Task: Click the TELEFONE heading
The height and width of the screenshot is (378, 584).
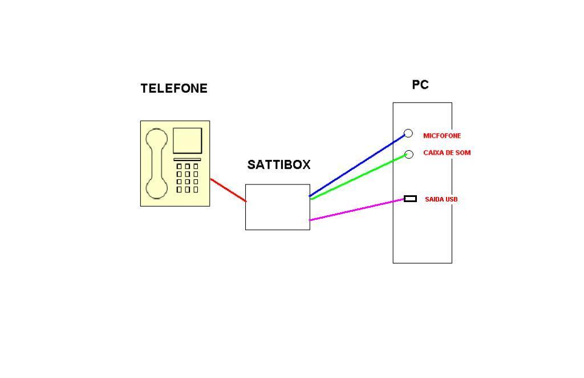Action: tap(174, 88)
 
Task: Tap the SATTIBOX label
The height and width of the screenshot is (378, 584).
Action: tap(278, 165)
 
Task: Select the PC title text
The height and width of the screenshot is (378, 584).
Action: tap(420, 85)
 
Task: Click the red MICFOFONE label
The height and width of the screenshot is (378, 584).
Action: tap(442, 135)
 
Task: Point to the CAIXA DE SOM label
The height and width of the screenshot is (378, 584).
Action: tap(447, 153)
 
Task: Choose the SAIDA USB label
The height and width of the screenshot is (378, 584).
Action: tap(441, 199)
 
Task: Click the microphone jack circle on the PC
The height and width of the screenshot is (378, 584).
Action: tap(408, 133)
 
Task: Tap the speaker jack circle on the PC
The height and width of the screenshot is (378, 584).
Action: tap(408, 154)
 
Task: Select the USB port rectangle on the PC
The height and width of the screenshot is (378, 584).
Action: tap(410, 199)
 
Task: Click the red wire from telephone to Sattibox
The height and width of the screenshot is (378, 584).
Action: tap(228, 190)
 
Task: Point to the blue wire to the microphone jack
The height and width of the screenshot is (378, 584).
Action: tap(357, 166)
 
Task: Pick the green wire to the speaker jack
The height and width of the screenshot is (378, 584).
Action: tap(359, 177)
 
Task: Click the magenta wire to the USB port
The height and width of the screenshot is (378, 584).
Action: tap(357, 210)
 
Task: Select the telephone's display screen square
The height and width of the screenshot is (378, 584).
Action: tap(187, 141)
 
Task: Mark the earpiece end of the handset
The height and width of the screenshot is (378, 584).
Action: tap(156, 139)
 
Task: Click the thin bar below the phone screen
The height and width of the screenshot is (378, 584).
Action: tap(187, 159)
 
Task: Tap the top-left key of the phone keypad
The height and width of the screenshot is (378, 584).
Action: tap(179, 166)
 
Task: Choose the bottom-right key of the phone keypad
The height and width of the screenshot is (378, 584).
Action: tap(196, 190)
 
